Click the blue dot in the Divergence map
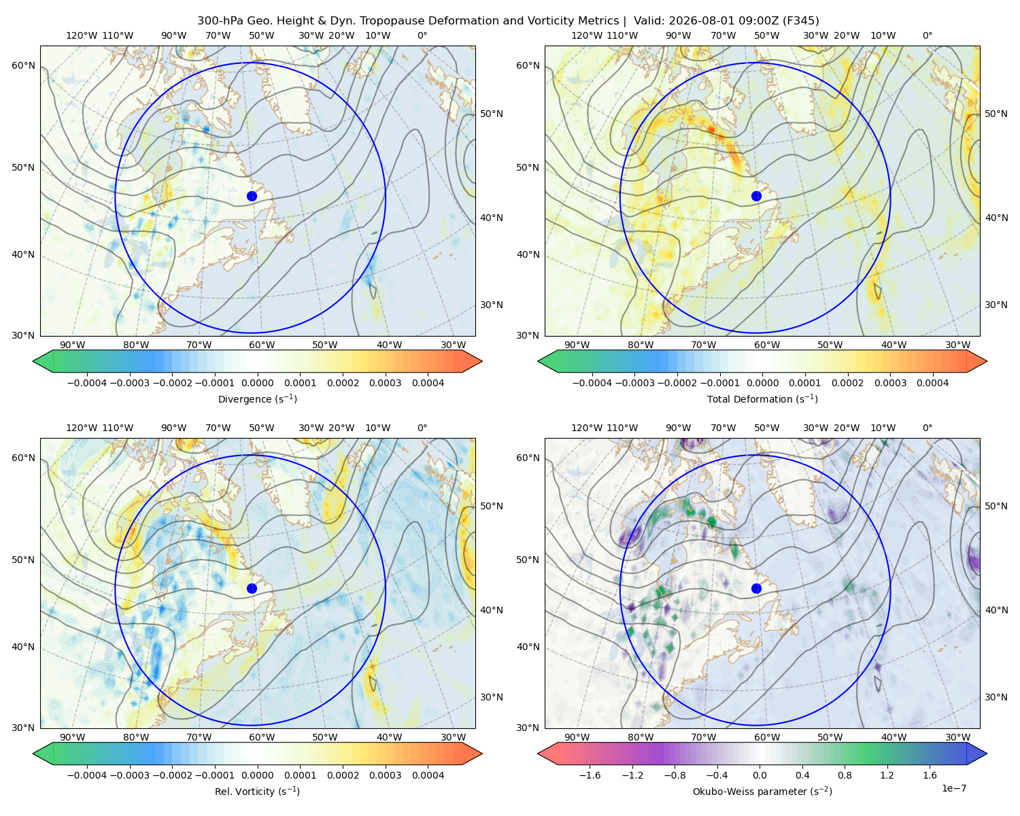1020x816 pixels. (x=252, y=197)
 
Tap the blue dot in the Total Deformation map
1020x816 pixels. (x=756, y=197)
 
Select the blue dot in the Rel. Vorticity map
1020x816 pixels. (x=252, y=588)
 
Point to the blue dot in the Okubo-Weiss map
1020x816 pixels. (x=756, y=588)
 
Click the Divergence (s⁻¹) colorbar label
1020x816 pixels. (x=257, y=398)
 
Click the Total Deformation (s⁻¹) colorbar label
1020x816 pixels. (x=762, y=398)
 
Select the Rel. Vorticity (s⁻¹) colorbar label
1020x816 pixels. (x=257, y=792)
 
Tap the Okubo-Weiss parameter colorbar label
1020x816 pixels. (x=762, y=792)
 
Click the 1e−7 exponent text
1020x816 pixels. (x=953, y=789)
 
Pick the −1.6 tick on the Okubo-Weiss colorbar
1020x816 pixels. (x=590, y=775)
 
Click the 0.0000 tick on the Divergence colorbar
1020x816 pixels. (x=257, y=383)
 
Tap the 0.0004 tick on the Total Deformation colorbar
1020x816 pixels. (x=932, y=383)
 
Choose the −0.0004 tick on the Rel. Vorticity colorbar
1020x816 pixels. (x=87, y=775)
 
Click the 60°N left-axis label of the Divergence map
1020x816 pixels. (x=23, y=65)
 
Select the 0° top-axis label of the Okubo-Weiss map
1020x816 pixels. (x=927, y=428)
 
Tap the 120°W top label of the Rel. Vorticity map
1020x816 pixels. (x=82, y=428)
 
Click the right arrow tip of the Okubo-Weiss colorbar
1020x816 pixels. (x=987, y=753)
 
